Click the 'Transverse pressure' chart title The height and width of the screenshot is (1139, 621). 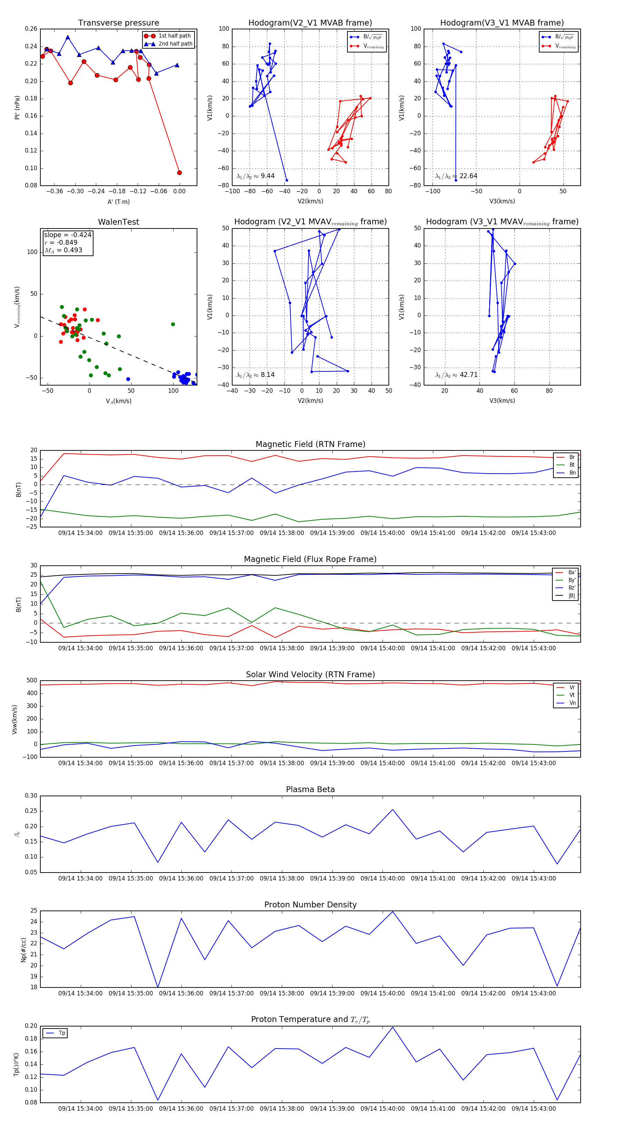click(118, 23)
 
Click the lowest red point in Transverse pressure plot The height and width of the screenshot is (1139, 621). click(179, 173)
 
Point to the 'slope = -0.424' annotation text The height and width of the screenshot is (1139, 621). click(68, 235)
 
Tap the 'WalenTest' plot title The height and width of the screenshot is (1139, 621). click(118, 222)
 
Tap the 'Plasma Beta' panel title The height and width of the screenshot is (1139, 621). click(310, 789)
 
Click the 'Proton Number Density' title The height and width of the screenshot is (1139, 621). click(310, 905)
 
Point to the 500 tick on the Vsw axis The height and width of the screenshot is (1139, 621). click(32, 681)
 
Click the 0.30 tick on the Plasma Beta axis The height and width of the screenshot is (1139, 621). click(31, 796)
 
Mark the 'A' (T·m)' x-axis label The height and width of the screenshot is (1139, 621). click(118, 202)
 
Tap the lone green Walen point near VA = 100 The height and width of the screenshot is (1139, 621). click(173, 324)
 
